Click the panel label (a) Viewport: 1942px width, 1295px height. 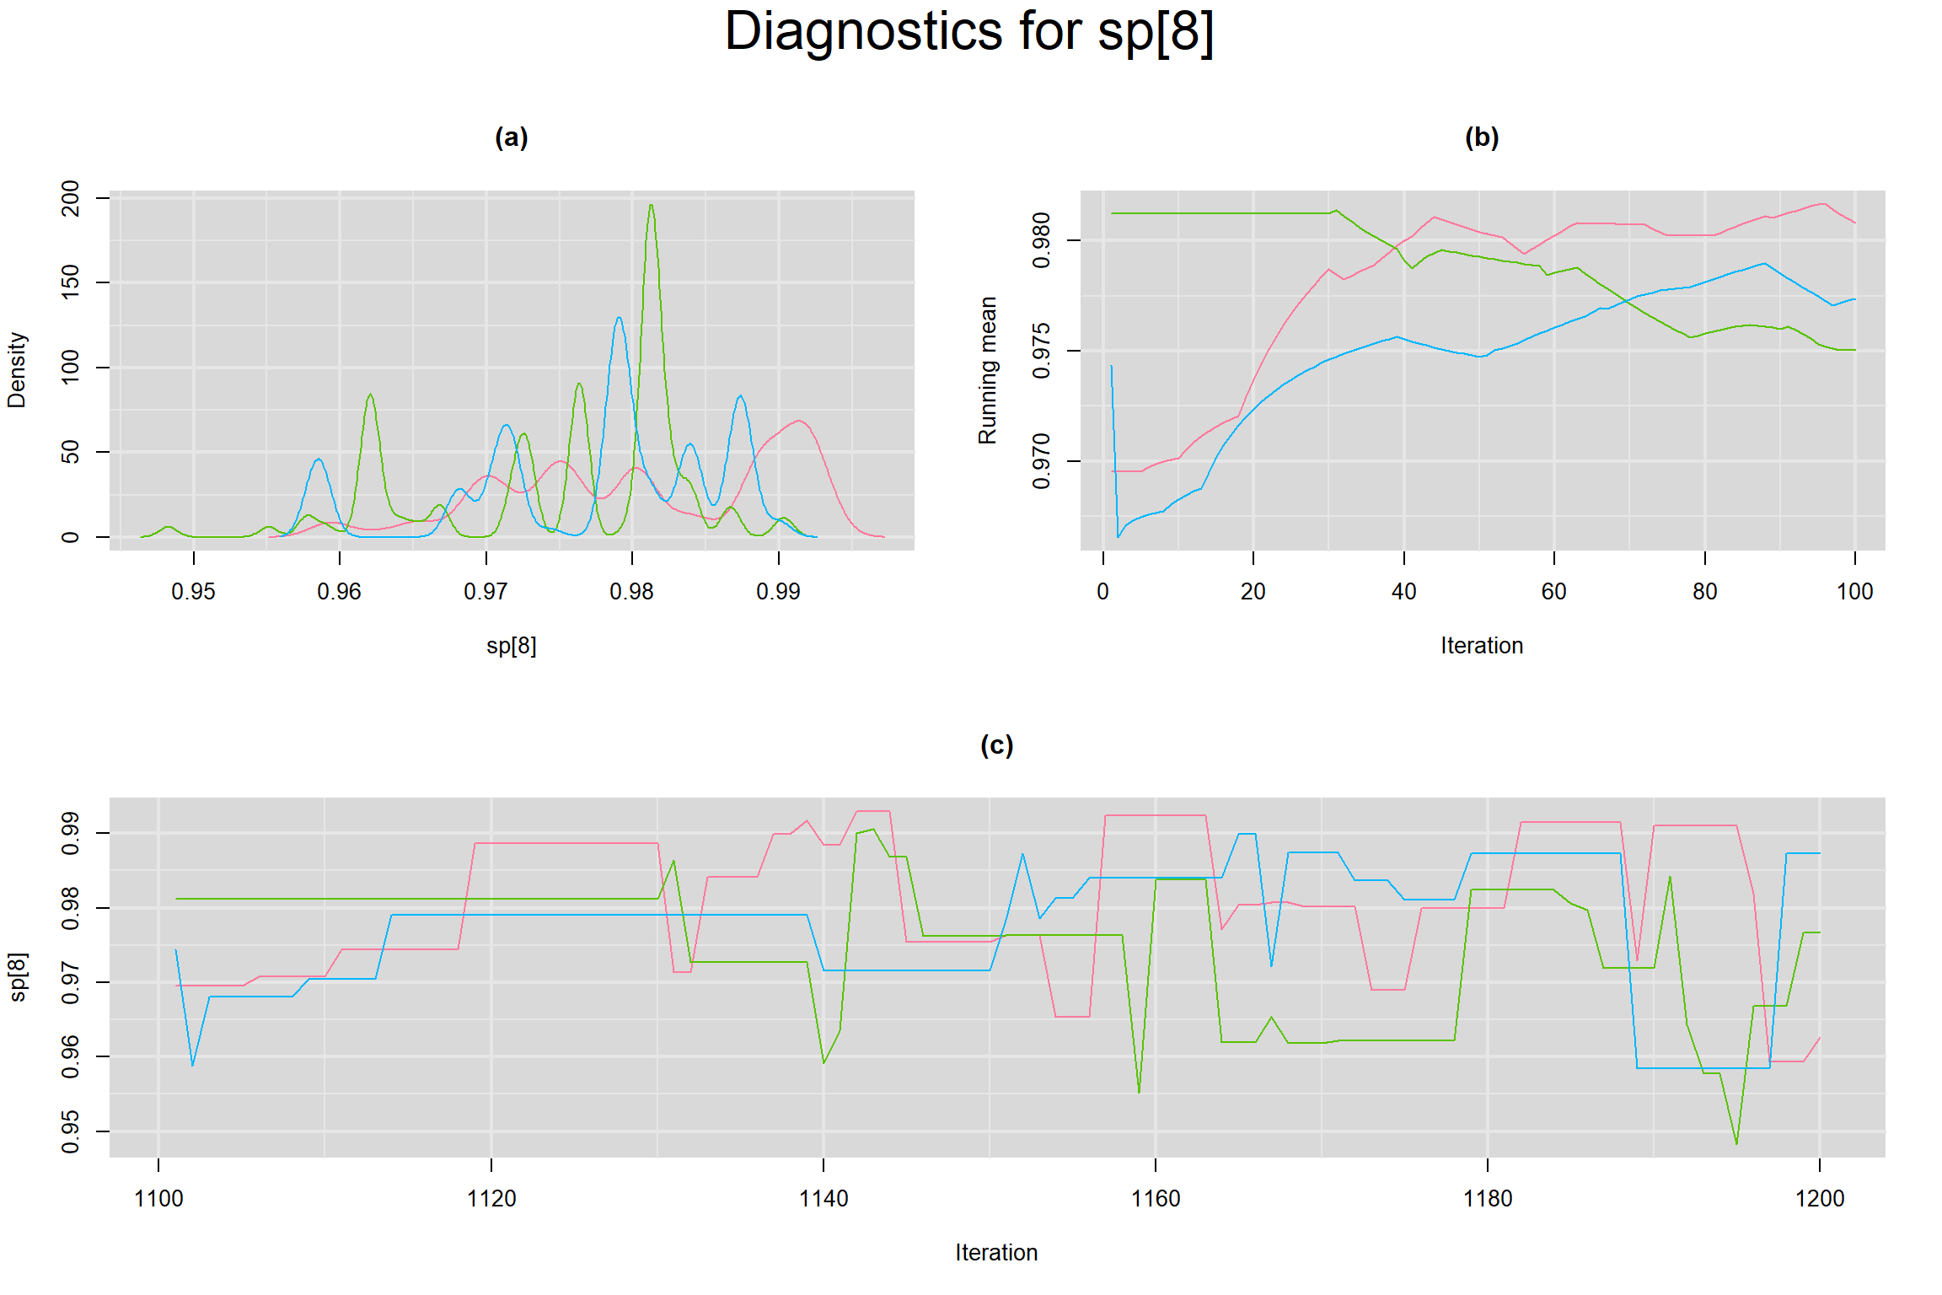[x=511, y=137]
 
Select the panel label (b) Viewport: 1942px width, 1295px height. [x=1481, y=137]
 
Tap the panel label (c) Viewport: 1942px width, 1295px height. [x=996, y=745]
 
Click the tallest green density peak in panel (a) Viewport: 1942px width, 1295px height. [x=651, y=206]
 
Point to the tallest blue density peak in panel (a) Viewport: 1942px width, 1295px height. [x=620, y=318]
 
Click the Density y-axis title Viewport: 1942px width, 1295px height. [x=17, y=369]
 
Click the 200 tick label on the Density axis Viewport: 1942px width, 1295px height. [x=71, y=198]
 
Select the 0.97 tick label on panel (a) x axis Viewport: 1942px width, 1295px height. [x=485, y=592]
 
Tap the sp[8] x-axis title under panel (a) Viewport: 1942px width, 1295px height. [x=511, y=646]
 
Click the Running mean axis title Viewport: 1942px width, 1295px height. [x=987, y=369]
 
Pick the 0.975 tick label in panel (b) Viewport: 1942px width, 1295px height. [x=1042, y=351]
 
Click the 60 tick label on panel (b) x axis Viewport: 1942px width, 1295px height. [x=1553, y=592]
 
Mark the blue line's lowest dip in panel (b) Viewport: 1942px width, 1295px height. [x=1119, y=536]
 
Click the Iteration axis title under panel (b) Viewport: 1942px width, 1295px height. [x=1481, y=646]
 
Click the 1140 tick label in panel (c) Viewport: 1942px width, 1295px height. [x=823, y=1199]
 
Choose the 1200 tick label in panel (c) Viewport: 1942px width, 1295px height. [x=1820, y=1199]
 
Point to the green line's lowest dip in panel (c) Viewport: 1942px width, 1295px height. [x=1736, y=1143]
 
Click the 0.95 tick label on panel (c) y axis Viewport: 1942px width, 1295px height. [x=71, y=1131]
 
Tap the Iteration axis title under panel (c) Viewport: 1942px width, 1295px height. [x=996, y=1253]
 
